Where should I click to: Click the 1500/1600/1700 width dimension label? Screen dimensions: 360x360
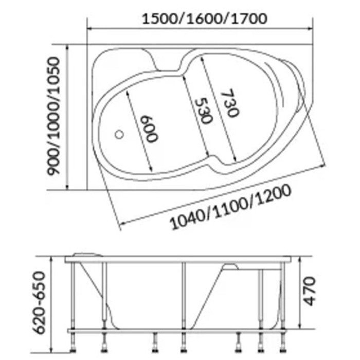pyautogui.click(x=205, y=19)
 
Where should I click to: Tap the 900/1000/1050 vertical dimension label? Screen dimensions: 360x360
pyautogui.click(x=53, y=116)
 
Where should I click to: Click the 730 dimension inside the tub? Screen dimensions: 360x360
pyautogui.click(x=230, y=103)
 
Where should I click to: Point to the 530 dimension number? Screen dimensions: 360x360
pyautogui.click(x=203, y=111)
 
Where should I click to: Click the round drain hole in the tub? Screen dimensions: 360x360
pyautogui.click(x=119, y=135)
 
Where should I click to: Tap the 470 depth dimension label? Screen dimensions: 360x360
pyautogui.click(x=310, y=291)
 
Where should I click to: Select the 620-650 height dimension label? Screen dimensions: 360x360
pyautogui.click(x=39, y=302)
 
